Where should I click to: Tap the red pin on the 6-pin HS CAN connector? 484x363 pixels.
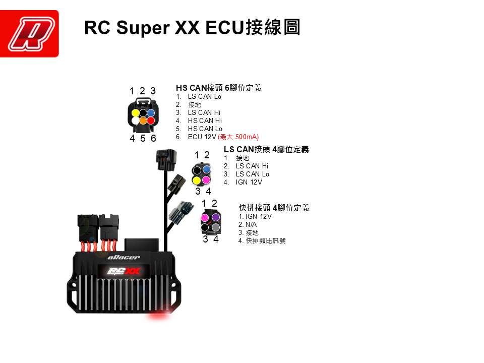tap(151, 120)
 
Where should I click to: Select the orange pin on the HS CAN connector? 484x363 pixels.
tap(143, 121)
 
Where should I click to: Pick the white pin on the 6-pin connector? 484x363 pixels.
tap(135, 121)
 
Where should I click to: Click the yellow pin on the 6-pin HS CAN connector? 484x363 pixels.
tap(135, 113)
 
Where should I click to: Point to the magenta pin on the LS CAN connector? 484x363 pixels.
tap(206, 179)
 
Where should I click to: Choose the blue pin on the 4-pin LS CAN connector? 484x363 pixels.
tap(206, 169)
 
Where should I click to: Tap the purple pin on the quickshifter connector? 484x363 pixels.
tap(216, 217)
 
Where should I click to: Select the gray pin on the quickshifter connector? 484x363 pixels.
tap(216, 227)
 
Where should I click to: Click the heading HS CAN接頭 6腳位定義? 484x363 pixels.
tap(218, 88)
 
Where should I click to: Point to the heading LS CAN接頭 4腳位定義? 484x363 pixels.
tap(266, 149)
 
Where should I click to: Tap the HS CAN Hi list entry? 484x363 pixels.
tap(205, 120)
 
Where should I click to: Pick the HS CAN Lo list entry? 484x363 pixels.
tap(205, 129)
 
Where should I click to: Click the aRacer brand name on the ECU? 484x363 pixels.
tap(124, 258)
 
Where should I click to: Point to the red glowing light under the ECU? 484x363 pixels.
tap(159, 317)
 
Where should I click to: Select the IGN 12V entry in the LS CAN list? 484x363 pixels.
tap(249, 182)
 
